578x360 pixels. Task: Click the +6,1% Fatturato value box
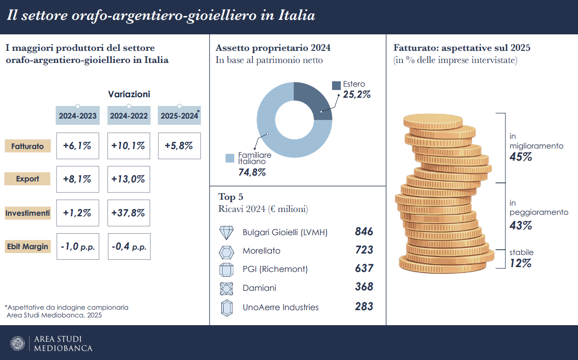pos(77,146)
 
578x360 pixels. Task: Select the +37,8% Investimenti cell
pos(128,213)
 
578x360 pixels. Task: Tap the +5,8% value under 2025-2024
pos(179,146)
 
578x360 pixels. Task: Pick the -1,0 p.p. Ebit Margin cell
pos(77,246)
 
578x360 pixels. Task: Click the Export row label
pos(28,179)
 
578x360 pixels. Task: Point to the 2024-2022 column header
pos(128,116)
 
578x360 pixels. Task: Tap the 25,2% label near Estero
pos(357,95)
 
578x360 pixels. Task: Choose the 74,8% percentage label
pos(252,172)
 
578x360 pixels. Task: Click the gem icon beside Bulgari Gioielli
pos(227,233)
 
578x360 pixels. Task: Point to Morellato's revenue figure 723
pos(364,250)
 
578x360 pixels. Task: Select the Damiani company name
pos(259,288)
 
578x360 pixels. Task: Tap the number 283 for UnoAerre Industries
pos(364,306)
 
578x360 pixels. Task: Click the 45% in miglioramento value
pos(521,157)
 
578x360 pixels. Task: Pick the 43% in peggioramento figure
pos(521,225)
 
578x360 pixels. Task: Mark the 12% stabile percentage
pos(521,263)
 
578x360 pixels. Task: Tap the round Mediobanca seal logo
pos(17,343)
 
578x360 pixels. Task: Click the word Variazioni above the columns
pos(129,94)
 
